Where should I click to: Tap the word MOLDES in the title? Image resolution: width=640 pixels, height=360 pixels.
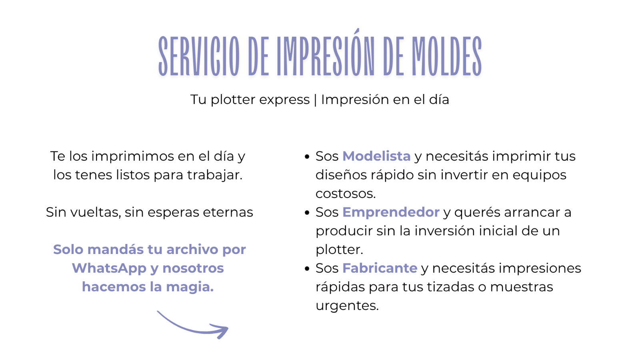(447, 56)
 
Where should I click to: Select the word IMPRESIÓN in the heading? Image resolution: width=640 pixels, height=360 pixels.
(326, 53)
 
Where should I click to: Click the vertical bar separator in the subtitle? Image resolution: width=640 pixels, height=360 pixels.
(315, 100)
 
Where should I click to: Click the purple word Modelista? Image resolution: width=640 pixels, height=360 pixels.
(376, 156)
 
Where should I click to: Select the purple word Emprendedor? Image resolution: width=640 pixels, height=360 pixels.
(391, 212)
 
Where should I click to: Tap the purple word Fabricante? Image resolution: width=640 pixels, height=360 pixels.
(380, 268)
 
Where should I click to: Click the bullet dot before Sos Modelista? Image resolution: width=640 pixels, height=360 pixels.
(307, 156)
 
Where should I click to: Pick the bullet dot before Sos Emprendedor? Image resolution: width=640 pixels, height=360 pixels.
(307, 212)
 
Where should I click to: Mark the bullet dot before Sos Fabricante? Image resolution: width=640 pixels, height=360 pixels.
(307, 268)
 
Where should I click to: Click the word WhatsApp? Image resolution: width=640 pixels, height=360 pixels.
(109, 268)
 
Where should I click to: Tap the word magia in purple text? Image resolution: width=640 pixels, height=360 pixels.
(190, 287)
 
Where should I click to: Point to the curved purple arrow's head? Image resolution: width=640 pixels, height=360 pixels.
(220, 331)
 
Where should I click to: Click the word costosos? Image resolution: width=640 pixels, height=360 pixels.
(346, 194)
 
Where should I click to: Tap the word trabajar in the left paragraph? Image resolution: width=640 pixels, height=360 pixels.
(214, 175)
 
